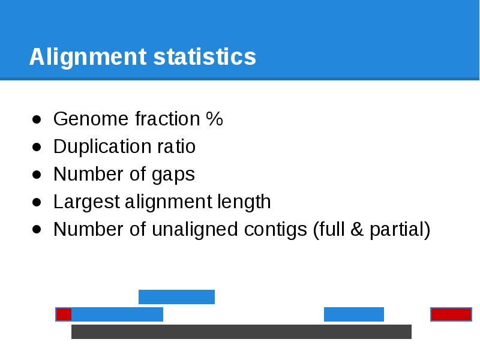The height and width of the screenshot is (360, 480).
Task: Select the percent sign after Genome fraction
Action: pyautogui.click(x=214, y=119)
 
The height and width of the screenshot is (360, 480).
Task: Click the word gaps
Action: pyautogui.click(x=173, y=175)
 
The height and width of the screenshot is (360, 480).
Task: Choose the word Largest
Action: pyautogui.click(x=86, y=202)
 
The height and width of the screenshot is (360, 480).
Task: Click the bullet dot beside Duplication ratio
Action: pyautogui.click(x=37, y=147)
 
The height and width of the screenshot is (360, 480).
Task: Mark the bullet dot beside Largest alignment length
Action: pyautogui.click(x=37, y=202)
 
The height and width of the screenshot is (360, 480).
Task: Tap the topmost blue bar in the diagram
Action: pyautogui.click(x=176, y=297)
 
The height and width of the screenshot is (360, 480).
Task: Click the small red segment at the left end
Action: pyautogui.click(x=64, y=314)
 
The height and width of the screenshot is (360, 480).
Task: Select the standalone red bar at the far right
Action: pyautogui.click(x=451, y=314)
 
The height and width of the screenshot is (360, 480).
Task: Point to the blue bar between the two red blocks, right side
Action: pyautogui.click(x=353, y=314)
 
